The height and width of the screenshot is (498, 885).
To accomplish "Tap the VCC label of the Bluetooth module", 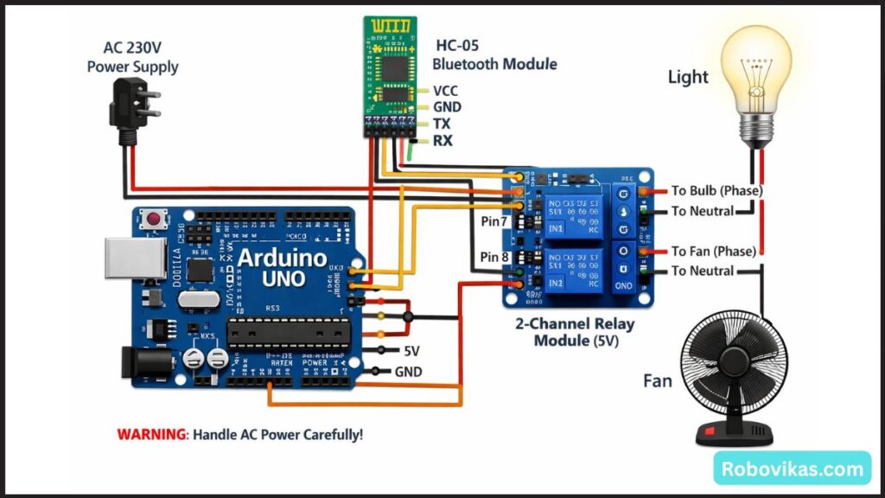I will point(446,91).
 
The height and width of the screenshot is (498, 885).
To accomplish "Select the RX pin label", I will point(442,140).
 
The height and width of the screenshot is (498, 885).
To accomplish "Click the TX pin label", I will point(442,124).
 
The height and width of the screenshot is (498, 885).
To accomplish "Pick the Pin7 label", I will point(494,221).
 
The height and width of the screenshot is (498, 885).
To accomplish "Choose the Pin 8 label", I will point(495,257).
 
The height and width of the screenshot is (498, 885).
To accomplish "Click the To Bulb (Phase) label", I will point(716,190).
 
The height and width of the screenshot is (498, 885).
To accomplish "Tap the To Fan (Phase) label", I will point(714,251).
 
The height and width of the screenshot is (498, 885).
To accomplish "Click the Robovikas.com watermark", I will point(793,469).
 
